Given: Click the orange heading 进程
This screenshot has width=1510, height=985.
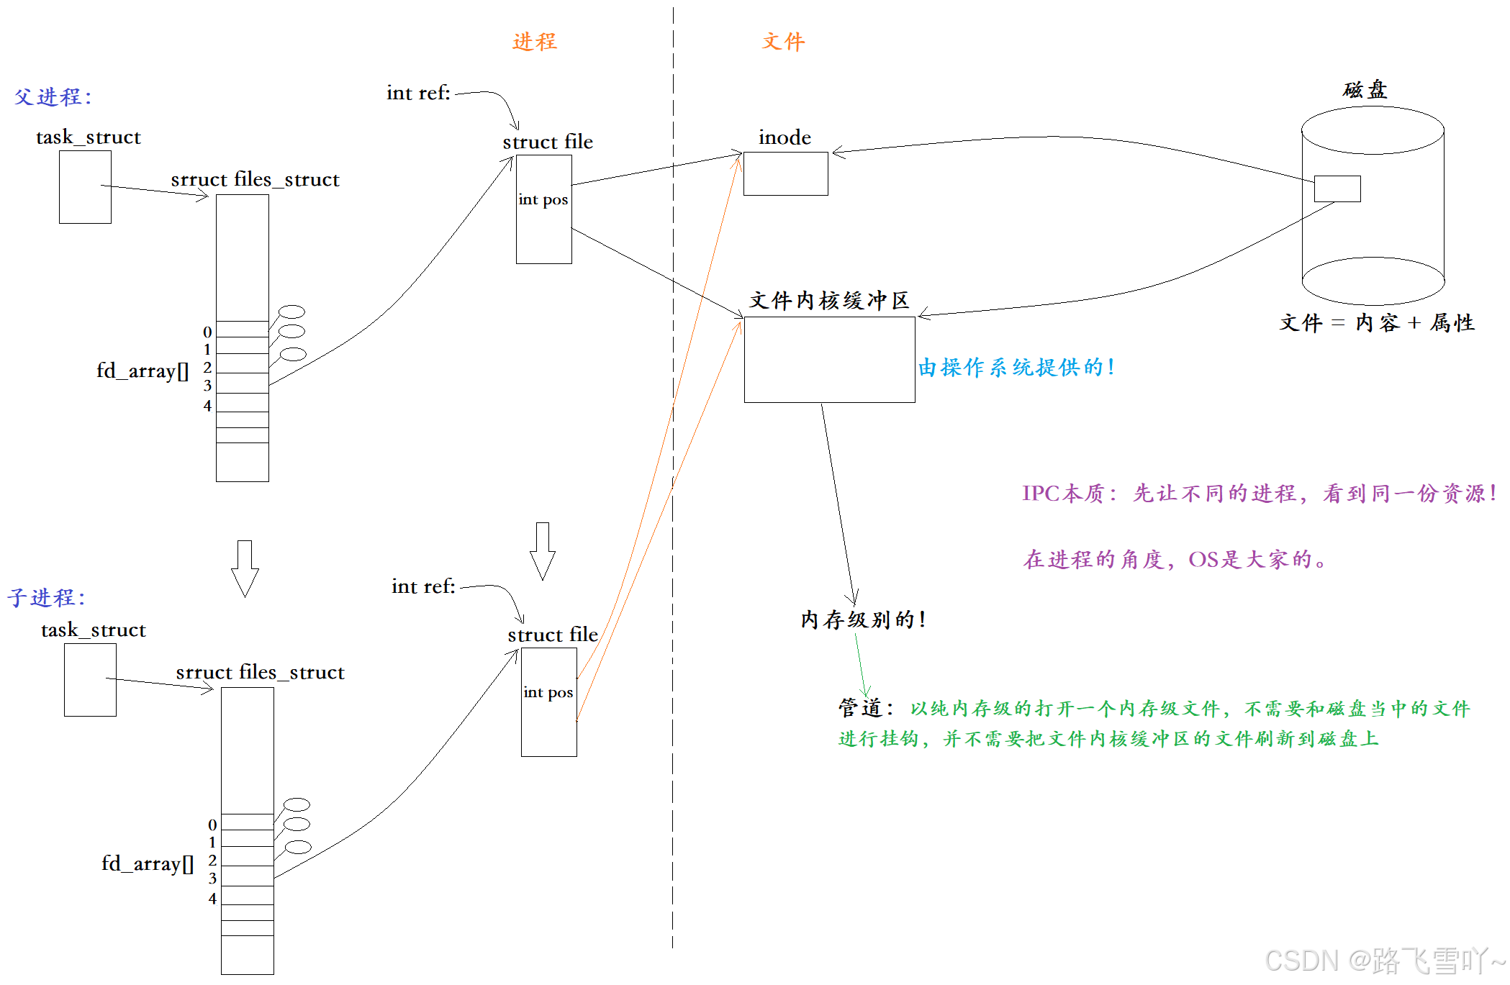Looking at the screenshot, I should [534, 42].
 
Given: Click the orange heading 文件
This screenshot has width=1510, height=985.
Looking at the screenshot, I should [783, 42].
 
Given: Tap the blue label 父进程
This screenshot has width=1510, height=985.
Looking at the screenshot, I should [53, 96].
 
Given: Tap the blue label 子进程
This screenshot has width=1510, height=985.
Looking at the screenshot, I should [46, 597].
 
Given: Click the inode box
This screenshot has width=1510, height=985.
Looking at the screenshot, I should [785, 173].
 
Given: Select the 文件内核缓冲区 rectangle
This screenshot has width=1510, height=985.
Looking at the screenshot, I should [829, 360].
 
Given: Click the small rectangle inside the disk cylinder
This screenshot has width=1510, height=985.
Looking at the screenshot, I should [1337, 189].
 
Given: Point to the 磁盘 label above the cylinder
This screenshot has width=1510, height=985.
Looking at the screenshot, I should [1365, 90].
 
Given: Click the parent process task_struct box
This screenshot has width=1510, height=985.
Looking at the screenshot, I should [85, 187].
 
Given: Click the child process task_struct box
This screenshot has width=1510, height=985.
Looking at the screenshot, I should [90, 680].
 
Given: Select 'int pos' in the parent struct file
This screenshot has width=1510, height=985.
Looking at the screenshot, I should [543, 199].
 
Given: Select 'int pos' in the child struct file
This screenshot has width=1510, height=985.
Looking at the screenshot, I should [548, 692].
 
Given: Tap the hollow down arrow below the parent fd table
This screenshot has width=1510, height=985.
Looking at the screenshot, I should [245, 568].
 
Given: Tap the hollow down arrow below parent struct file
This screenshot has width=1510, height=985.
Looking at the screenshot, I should [543, 551].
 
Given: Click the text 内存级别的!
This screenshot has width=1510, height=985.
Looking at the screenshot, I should [863, 619].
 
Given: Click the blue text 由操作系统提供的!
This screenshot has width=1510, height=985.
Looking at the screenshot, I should [1016, 368].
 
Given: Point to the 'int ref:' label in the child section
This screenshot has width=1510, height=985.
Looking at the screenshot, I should [423, 586].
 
